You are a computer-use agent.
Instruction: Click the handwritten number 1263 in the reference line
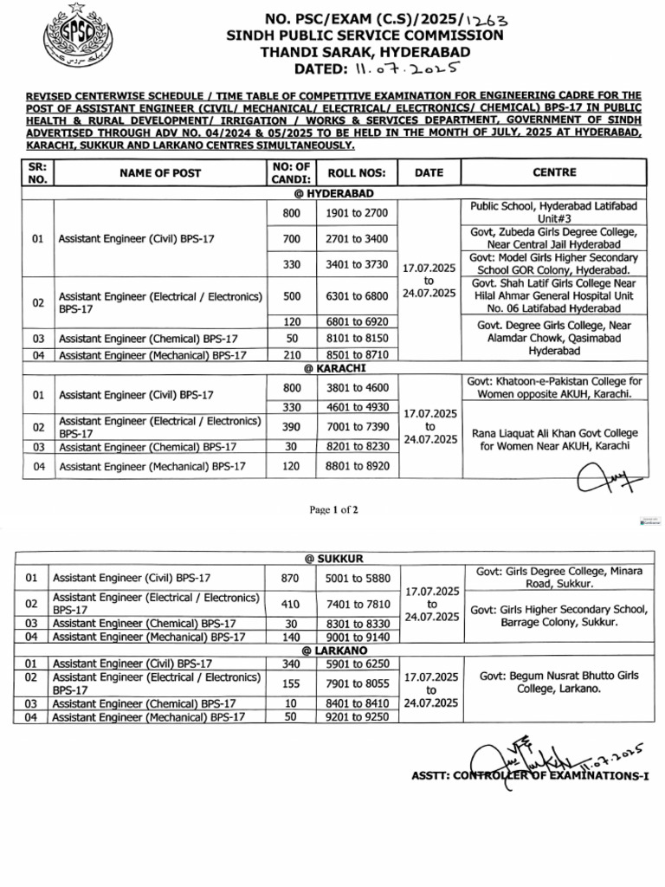click(487, 17)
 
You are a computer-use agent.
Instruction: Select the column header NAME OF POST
click(160, 173)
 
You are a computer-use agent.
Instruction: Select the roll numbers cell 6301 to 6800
click(357, 296)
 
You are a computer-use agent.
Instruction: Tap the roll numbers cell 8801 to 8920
click(357, 466)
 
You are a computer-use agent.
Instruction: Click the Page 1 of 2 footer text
click(333, 510)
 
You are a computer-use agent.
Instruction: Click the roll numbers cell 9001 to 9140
click(357, 637)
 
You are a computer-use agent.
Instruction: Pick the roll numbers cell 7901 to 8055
click(357, 683)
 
